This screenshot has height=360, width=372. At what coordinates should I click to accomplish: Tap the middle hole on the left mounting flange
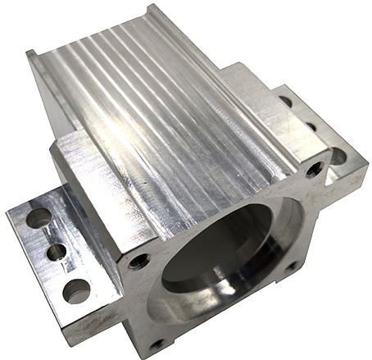tap(56, 252)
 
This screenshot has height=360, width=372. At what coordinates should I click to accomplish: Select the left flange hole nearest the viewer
tap(76, 289)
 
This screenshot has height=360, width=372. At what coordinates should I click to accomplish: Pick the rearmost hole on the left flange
tap(39, 218)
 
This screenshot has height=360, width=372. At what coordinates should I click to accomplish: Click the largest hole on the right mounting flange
tap(337, 156)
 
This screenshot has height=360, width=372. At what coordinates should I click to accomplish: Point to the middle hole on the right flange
tap(311, 128)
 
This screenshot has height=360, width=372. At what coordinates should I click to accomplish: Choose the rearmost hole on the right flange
tap(286, 103)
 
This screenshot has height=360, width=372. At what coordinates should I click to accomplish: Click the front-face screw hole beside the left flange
tap(140, 261)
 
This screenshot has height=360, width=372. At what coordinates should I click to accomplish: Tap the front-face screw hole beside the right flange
tap(314, 171)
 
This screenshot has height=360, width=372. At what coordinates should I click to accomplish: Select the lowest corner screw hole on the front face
tap(158, 343)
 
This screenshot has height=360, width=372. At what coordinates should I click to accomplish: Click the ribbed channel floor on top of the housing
tap(156, 107)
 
